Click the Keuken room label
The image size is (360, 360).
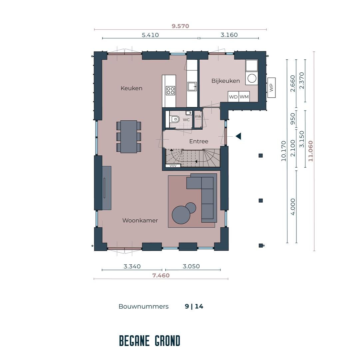coord(131,88)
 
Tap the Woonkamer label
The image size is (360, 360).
coord(140,221)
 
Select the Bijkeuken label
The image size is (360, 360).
coord(226,81)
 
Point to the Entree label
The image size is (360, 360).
coord(198,141)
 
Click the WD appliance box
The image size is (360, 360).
coord(233,97)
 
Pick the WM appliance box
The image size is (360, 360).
coord(244,97)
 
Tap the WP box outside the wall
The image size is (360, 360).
coord(271,88)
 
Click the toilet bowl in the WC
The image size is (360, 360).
coord(175,119)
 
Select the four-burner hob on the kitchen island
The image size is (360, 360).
coord(171,90)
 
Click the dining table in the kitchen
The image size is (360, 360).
coord(129,136)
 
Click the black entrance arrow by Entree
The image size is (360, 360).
coord(238,136)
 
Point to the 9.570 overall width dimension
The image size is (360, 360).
coord(180,26)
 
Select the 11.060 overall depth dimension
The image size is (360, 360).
coord(310,151)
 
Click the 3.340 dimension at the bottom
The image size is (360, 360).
coord(132,266)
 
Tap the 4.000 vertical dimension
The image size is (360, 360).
coord(293,207)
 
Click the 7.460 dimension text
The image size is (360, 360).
coord(161,275)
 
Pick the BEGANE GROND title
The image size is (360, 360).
coord(150,341)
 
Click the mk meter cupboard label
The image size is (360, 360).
coord(198,116)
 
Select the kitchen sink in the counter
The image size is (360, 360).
coord(192,87)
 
